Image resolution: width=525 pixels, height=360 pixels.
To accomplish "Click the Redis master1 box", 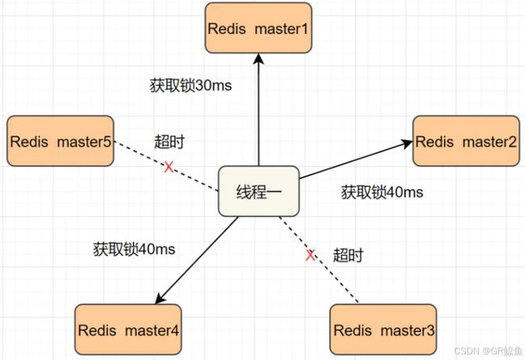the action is pos(258,28).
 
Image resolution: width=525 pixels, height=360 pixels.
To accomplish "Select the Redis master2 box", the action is pos(466,141).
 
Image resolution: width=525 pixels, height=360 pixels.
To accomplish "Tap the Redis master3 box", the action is pos(384,330).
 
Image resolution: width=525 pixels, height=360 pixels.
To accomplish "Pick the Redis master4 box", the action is pos(128,330).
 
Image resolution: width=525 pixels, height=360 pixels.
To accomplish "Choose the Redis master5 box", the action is pos(61,141).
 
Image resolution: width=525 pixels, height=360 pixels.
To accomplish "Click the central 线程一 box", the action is pos(258,191).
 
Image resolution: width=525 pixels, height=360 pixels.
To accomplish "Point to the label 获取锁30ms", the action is pos(191,86).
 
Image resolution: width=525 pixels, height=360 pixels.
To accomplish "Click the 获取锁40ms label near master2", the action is pos(382,192).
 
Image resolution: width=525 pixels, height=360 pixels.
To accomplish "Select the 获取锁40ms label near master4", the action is pos(134,249).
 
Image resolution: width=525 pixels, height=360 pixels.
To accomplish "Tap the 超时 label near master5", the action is pos(170,142).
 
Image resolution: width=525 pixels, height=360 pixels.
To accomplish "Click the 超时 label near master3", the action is pos(348,255).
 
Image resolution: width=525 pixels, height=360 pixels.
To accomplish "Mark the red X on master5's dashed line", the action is pos(169,166).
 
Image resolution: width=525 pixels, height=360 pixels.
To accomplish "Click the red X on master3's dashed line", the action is pos(310,255).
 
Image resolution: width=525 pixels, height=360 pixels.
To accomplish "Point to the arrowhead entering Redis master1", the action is pos(258,59).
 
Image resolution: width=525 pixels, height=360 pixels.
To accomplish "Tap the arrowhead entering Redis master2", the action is pos(407,143).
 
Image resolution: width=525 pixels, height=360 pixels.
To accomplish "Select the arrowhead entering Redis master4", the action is pos(160,299).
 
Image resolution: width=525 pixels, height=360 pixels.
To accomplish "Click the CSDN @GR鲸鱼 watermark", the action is pos(488,350).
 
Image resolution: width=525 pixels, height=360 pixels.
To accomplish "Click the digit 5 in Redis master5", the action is pos(107,141).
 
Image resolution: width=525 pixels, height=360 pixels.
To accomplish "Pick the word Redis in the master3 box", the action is pos(353,330).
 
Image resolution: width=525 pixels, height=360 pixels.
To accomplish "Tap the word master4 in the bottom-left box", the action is pos(152,330).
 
